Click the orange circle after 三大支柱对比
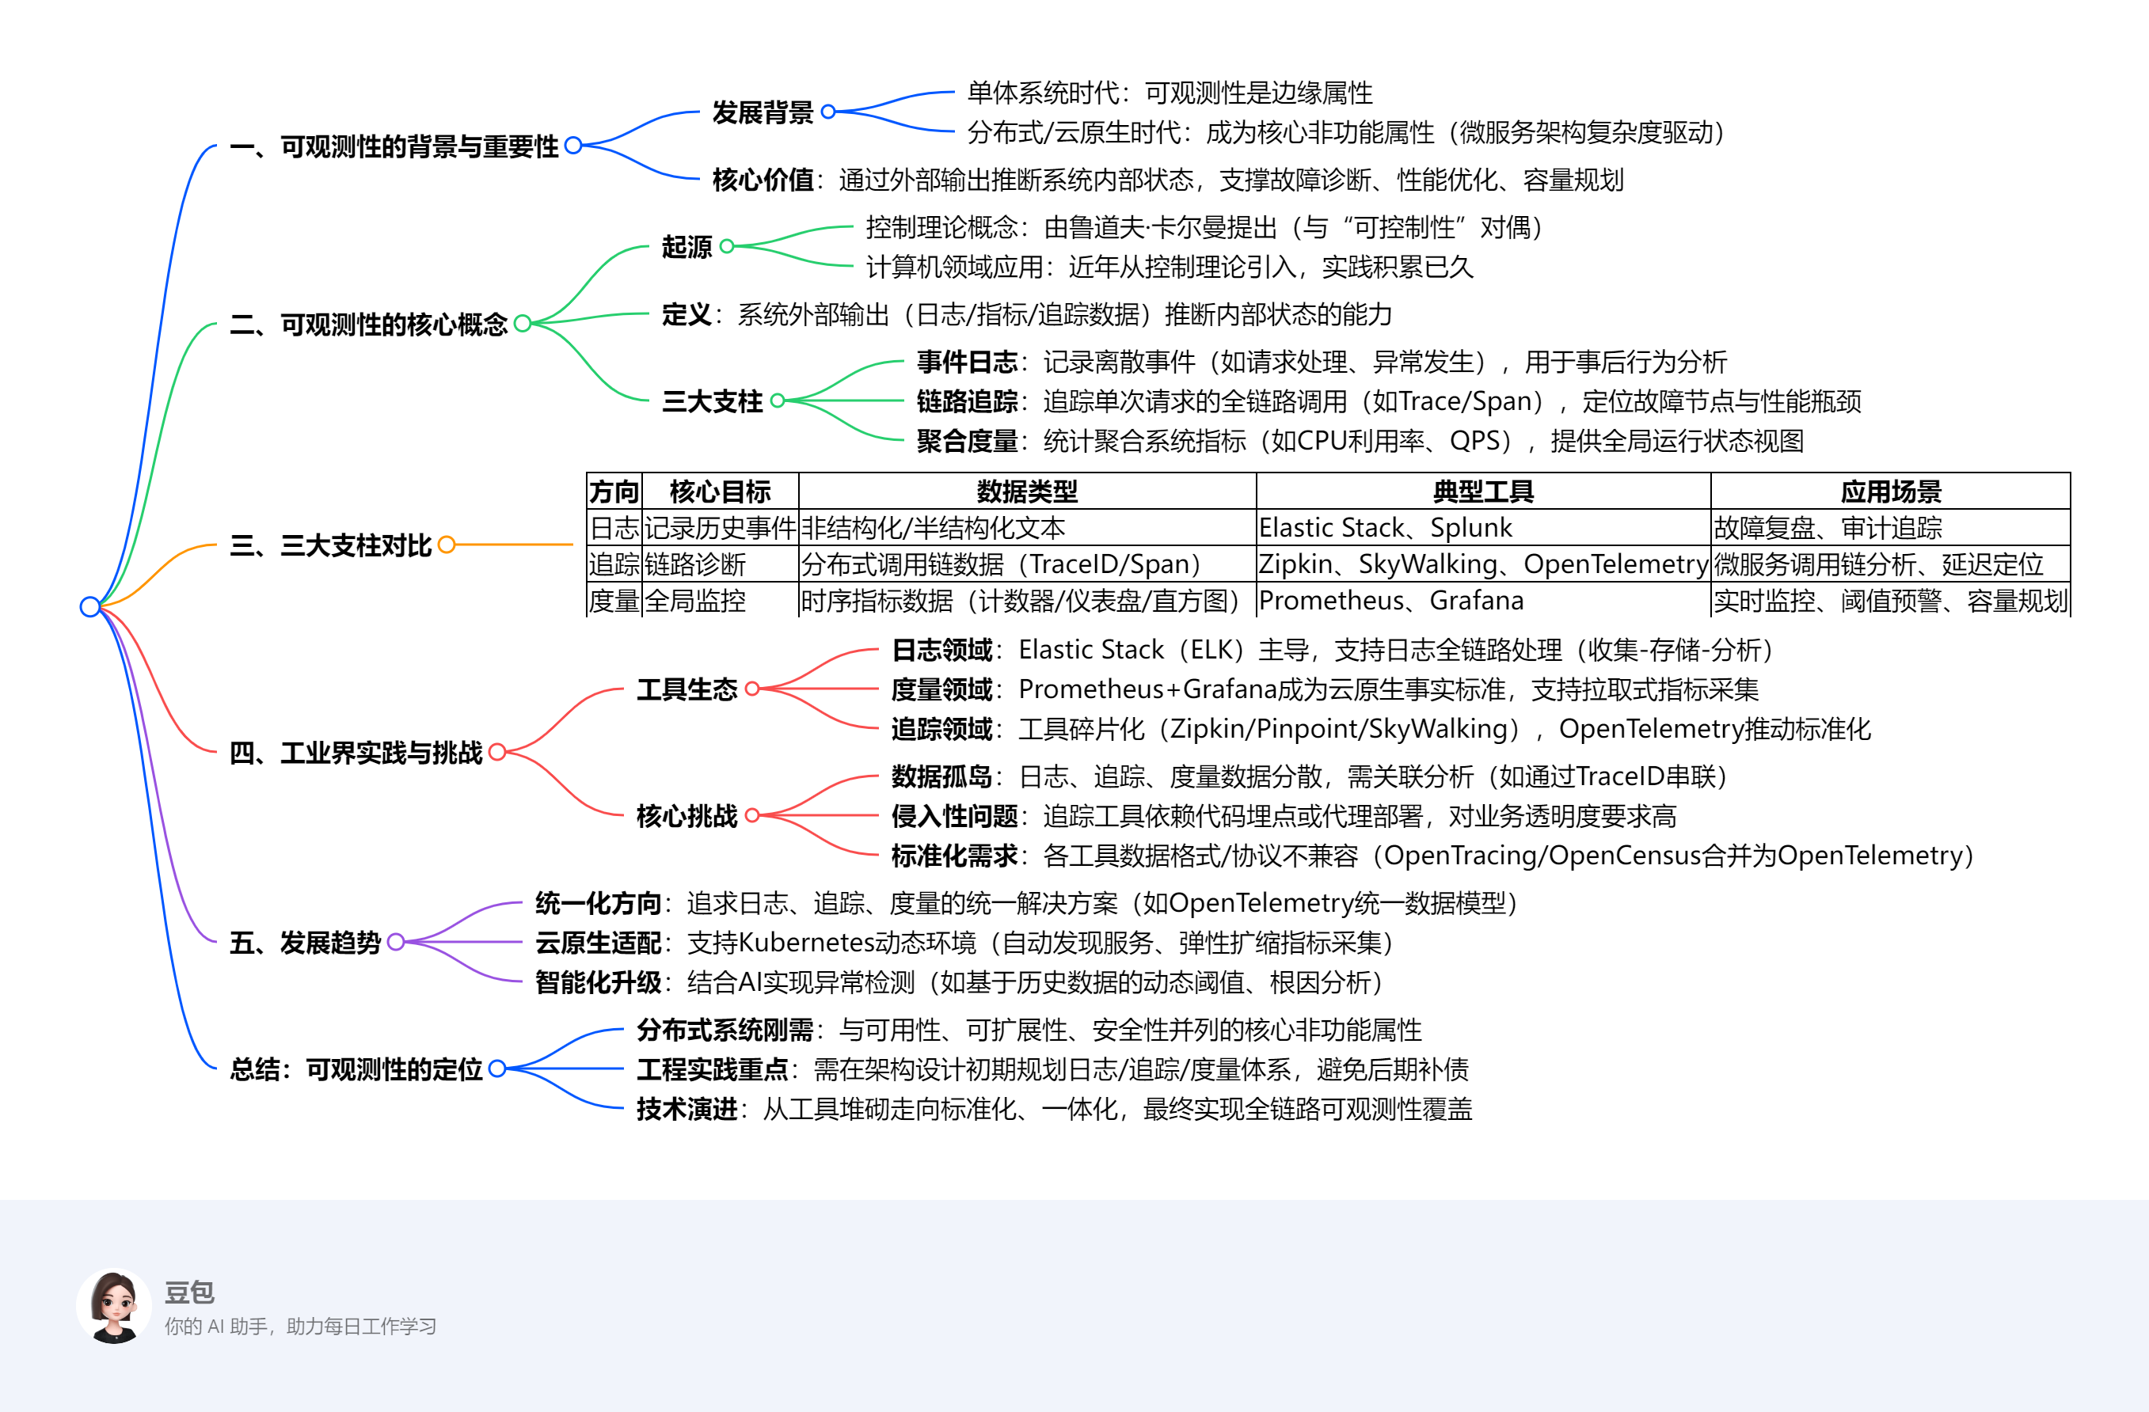pos(446,545)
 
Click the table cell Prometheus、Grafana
pos(1390,601)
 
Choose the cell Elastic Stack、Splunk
pos(1385,527)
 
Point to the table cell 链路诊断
pos(695,564)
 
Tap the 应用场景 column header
pos(1891,492)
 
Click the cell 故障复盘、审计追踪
pos(1828,527)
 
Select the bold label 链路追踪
pos(967,400)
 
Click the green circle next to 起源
pos(727,245)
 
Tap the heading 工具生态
pos(687,689)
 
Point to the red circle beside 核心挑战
pos(752,815)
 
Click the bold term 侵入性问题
pos(954,816)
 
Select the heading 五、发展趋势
pos(305,943)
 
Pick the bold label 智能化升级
pos(598,982)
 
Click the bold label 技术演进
pos(687,1109)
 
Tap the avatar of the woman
pos(114,1307)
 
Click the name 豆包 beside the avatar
pos(189,1292)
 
